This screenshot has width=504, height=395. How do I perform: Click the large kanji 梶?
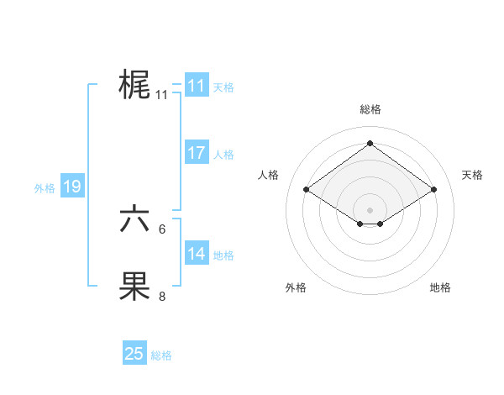coord(134,85)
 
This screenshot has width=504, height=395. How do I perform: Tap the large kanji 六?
coord(134,219)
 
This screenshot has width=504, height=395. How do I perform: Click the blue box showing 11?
coord(196,86)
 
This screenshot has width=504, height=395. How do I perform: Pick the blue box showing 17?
coord(196,153)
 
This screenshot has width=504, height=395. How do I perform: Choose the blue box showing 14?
coord(196,254)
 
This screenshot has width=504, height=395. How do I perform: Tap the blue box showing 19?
coord(71,187)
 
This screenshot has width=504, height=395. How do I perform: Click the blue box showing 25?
coord(134,354)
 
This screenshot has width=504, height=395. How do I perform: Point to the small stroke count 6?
coord(162,229)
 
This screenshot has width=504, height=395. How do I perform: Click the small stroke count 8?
coord(162,296)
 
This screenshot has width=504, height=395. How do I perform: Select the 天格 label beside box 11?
coord(223,87)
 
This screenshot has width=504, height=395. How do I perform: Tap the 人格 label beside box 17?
coord(223,155)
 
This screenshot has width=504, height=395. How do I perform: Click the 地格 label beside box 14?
coord(223,255)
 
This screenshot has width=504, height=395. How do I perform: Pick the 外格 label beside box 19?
coord(45,188)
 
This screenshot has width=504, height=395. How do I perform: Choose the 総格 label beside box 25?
coord(161,355)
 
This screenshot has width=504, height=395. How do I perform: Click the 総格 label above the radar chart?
coord(370,109)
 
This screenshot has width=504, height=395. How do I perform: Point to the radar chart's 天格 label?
coord(472,175)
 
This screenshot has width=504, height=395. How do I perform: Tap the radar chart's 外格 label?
coord(295,287)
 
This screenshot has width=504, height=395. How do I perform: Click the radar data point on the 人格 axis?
coord(307,190)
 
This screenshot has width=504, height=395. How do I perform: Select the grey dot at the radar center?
coord(370,209)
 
